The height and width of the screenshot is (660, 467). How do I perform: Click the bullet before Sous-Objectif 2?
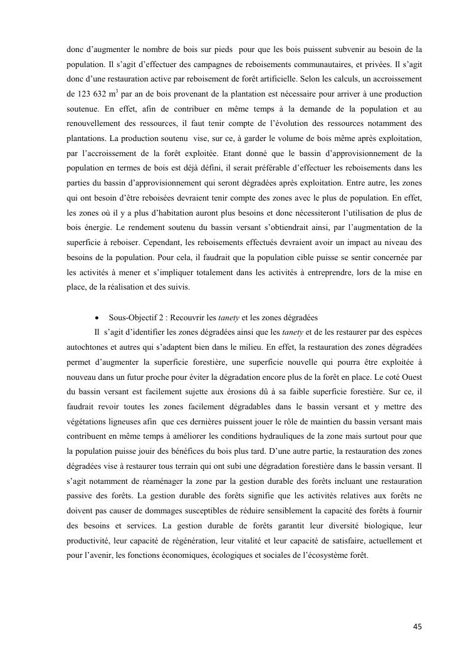pyautogui.click(x=97, y=317)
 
